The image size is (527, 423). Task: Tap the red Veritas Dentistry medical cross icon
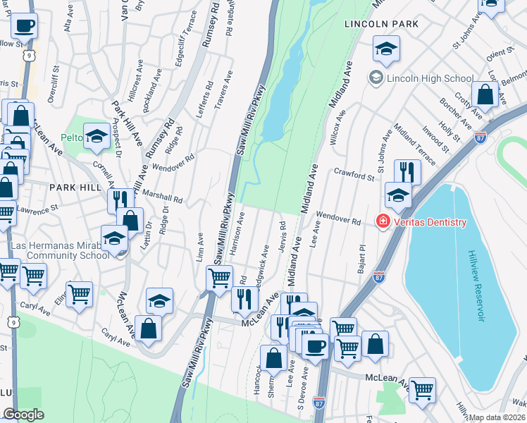pyautogui.click(x=383, y=222)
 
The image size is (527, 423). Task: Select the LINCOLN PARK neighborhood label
pyautogui.click(x=381, y=24)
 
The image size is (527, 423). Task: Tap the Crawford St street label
pyautogui.click(x=354, y=174)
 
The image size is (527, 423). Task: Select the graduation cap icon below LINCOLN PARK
pyautogui.click(x=385, y=49)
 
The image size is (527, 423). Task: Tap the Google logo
pyautogui.click(x=23, y=415)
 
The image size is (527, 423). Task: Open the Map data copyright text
pyautogui.click(x=497, y=417)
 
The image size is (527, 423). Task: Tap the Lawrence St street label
pyautogui.click(x=37, y=211)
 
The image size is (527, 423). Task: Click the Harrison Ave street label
pyautogui.click(x=237, y=231)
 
